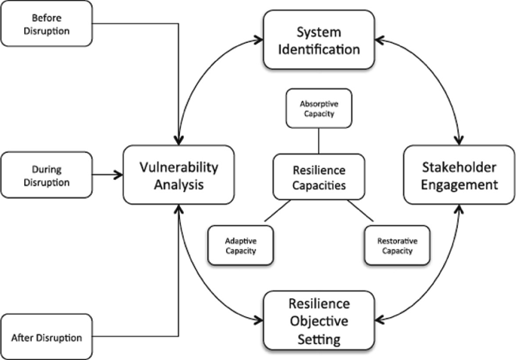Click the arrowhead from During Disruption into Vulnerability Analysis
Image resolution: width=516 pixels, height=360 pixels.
point(119,175)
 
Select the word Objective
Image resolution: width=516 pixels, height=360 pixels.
point(319,321)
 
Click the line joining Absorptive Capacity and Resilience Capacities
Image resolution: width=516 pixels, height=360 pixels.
point(319,140)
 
